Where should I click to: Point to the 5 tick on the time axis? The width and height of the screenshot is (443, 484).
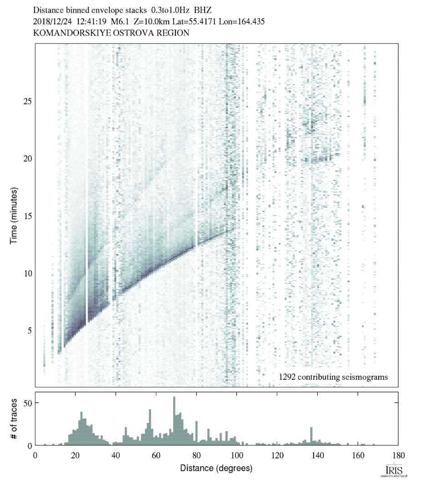(x=27, y=330)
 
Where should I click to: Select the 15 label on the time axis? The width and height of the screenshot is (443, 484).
(x=27, y=216)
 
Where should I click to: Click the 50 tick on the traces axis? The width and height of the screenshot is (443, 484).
(x=27, y=403)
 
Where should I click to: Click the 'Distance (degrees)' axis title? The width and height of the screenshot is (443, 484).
(x=216, y=468)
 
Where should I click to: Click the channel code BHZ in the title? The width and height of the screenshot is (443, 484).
(x=203, y=9)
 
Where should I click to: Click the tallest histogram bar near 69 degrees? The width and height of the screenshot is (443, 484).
(x=174, y=421)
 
